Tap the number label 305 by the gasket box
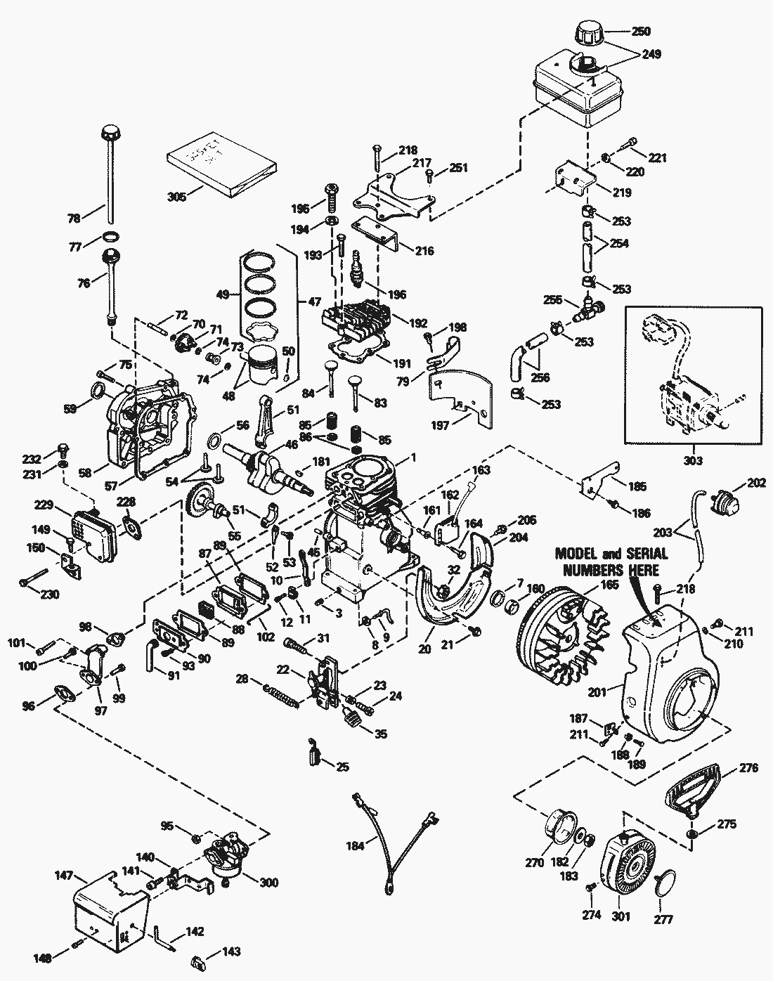pyautogui.click(x=177, y=197)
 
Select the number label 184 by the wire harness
pyautogui.click(x=356, y=846)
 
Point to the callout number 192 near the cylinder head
pyautogui.click(x=418, y=324)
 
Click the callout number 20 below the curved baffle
pyautogui.click(x=424, y=649)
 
